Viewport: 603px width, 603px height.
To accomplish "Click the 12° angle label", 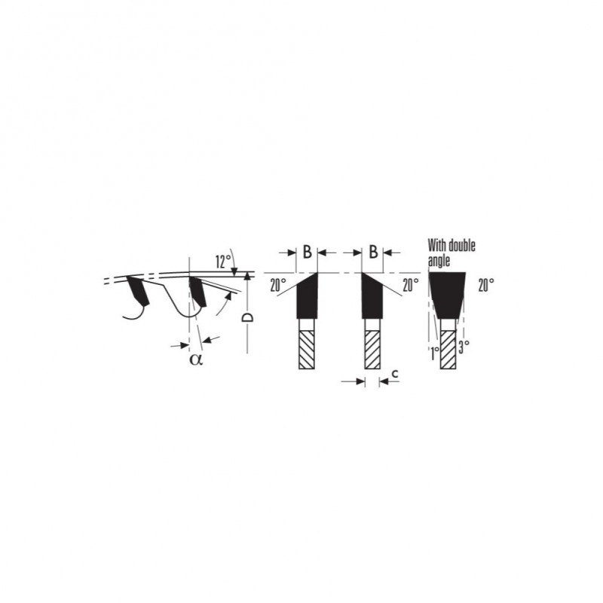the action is click(x=223, y=262).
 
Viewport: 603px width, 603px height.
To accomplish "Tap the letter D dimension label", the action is click(x=247, y=317).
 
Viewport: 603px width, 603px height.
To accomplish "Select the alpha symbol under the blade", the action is click(x=196, y=360).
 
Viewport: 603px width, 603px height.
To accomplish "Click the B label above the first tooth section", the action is click(x=307, y=252).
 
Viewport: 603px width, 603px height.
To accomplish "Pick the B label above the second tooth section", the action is click(x=373, y=252).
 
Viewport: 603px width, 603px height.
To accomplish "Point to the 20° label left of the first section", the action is click(x=278, y=286).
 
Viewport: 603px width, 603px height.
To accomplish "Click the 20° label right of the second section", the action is click(x=411, y=285).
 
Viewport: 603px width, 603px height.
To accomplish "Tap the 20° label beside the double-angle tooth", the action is click(x=486, y=286).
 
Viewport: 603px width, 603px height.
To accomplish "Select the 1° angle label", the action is click(x=434, y=353).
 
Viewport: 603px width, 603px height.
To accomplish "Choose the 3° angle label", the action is click(x=464, y=347).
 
